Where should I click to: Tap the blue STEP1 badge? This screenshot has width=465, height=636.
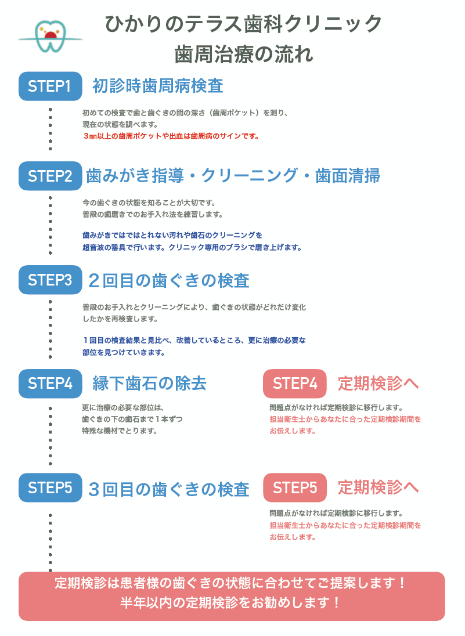click(x=51, y=86)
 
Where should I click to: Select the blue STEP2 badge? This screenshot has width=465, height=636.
click(x=51, y=176)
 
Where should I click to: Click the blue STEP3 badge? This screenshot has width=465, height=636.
click(x=51, y=280)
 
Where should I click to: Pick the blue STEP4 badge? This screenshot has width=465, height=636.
click(x=51, y=384)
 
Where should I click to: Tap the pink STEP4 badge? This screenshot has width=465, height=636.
click(x=295, y=384)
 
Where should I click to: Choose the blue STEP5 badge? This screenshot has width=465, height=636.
click(x=51, y=487)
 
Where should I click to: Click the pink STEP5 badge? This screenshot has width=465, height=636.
click(x=295, y=487)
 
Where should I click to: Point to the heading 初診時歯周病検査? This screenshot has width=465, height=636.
click(x=158, y=86)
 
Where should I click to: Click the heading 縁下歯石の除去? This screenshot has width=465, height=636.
click(x=149, y=384)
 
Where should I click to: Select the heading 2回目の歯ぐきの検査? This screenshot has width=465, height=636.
click(x=169, y=281)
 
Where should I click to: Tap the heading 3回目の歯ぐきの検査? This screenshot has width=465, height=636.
click(x=169, y=489)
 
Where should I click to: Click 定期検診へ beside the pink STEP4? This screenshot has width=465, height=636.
click(x=378, y=384)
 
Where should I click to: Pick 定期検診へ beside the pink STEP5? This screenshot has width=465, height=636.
click(x=378, y=487)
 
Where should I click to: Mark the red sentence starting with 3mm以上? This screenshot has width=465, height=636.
click(x=171, y=136)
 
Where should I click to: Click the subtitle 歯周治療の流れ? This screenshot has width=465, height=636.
click(x=244, y=55)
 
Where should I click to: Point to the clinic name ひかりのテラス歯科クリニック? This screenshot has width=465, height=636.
click(x=243, y=24)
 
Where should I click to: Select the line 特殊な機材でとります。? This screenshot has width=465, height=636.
click(x=120, y=431)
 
